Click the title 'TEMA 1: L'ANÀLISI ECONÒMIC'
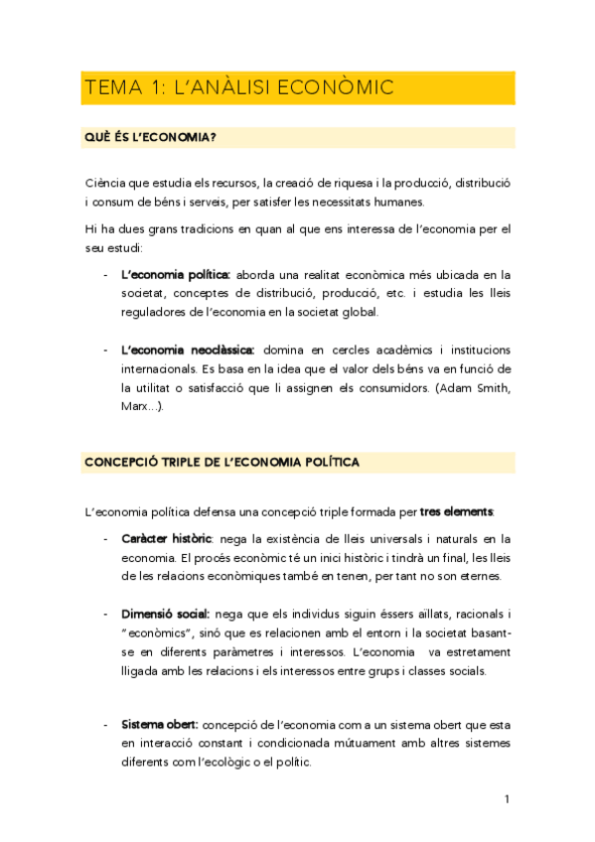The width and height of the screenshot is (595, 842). [x=239, y=88]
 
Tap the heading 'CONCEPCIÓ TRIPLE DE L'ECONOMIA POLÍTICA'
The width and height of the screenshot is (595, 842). [x=222, y=463]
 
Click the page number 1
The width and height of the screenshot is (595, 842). [x=507, y=799]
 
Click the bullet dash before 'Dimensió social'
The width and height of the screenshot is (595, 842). [x=106, y=614]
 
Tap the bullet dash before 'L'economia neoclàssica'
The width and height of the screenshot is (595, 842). [x=106, y=350]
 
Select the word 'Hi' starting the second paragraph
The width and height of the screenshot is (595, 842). [x=91, y=228]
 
